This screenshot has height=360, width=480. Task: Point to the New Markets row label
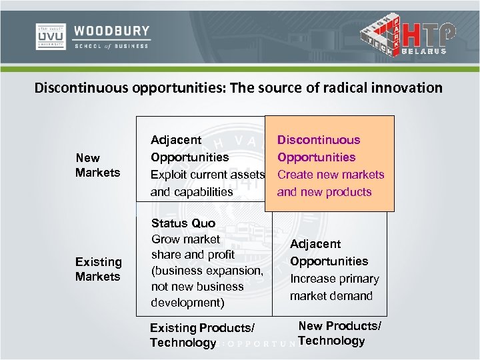98,165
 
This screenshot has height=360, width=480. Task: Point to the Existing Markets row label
98,269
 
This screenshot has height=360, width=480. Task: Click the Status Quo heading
183,224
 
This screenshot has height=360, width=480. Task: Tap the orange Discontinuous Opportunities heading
318,149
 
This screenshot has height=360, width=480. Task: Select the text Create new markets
331,175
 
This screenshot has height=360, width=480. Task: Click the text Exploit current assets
207,175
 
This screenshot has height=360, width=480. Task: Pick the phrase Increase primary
334,279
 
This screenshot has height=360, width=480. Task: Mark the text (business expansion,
207,271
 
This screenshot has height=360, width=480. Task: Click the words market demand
331,296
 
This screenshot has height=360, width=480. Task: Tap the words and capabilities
191,192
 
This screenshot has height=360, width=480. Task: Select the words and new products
324,192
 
